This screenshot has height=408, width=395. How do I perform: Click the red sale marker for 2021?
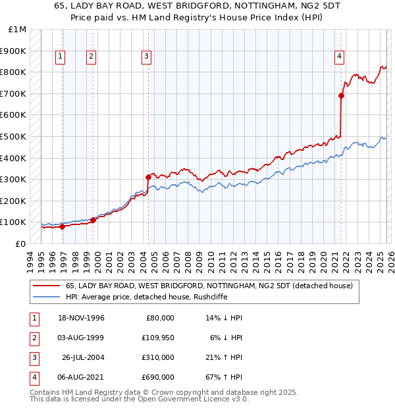(341, 95)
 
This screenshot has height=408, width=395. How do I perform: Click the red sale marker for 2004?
(148, 176)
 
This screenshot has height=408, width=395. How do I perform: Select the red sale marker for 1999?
(93, 220)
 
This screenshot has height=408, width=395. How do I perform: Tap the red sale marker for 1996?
(63, 226)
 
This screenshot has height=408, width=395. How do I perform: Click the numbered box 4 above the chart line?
(339, 57)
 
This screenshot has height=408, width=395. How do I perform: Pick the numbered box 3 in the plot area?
(145, 57)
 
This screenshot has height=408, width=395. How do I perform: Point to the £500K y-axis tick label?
(13, 136)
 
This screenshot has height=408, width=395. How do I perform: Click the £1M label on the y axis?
(18, 30)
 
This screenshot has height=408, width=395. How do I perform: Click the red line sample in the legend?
(45, 286)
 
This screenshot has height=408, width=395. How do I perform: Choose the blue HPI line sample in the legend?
(45, 297)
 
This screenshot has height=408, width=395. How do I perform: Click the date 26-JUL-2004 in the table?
(83, 357)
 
